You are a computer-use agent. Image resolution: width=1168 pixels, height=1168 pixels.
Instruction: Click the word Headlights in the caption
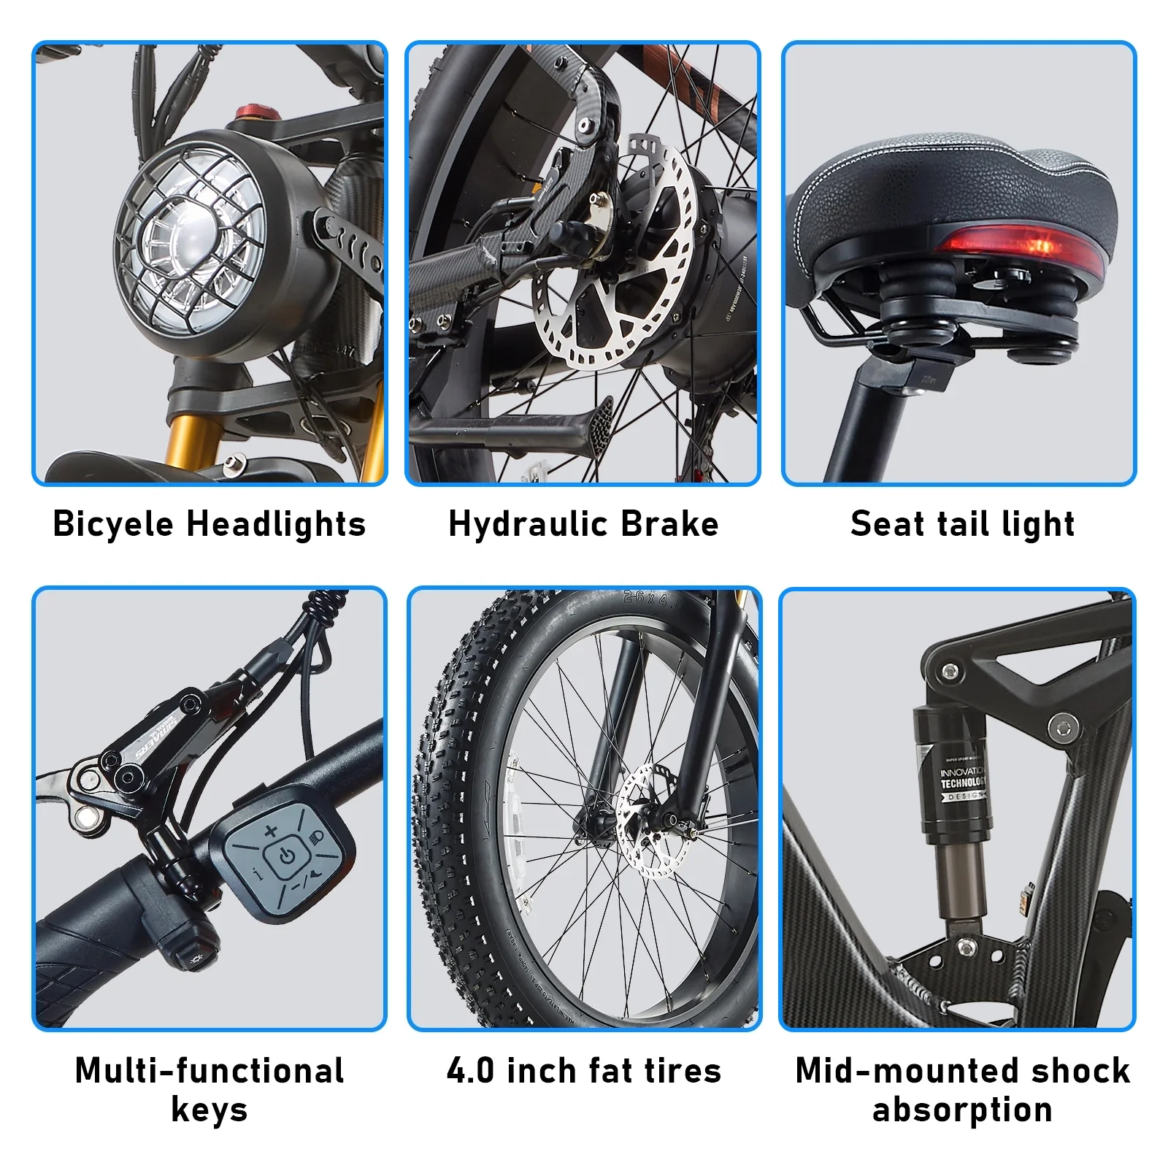click(276, 524)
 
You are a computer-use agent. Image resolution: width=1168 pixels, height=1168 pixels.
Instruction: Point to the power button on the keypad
click(287, 856)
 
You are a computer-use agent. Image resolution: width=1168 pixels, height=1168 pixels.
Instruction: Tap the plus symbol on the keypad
click(271, 830)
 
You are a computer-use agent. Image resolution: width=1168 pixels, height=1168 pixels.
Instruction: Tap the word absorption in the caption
click(962, 1110)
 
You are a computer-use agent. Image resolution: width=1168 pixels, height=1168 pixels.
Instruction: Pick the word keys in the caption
click(210, 1110)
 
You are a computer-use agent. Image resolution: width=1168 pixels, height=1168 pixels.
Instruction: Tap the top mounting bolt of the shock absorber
click(949, 670)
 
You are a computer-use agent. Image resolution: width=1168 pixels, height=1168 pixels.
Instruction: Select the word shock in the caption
click(1081, 1071)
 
